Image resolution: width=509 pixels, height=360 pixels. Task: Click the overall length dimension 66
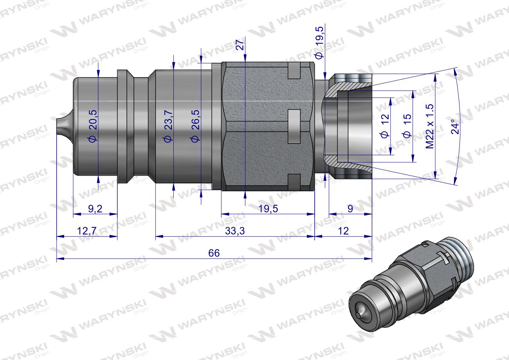tap(214, 253)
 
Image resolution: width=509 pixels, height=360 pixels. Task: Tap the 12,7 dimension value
tap(87, 231)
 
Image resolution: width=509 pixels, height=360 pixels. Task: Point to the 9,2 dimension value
tap(95, 208)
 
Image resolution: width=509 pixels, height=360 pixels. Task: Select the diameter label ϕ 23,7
tap(168, 126)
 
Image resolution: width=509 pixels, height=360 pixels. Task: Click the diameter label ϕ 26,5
tap(195, 126)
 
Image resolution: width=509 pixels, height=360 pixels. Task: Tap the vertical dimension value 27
tap(241, 45)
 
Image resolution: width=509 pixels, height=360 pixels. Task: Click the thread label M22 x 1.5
tap(430, 126)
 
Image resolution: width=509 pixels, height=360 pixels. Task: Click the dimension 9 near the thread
tap(350, 208)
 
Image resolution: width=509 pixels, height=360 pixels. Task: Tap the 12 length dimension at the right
tap(343, 231)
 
